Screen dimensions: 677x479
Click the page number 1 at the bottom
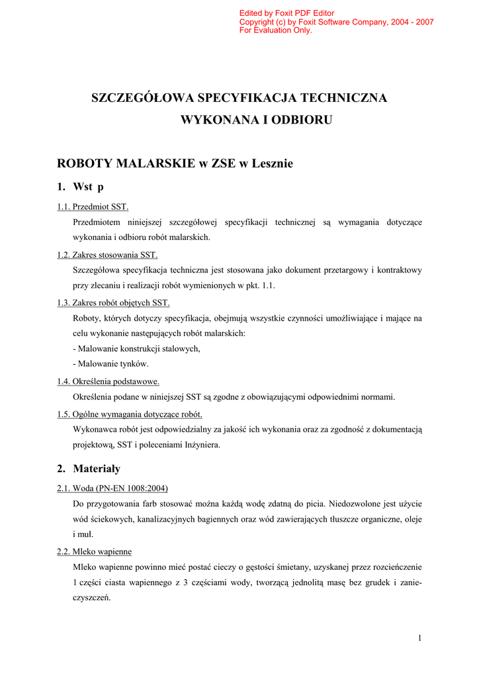pyautogui.click(x=419, y=637)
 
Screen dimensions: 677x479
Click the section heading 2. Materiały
pyautogui.click(x=89, y=469)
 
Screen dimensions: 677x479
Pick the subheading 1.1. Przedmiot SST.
pyautogui.click(x=93, y=207)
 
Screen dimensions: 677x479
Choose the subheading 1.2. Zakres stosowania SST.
pyautogui.click(x=107, y=255)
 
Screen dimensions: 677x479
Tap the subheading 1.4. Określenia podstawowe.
pyautogui.click(x=108, y=381)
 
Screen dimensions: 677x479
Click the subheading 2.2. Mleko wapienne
pyautogui.click(x=94, y=551)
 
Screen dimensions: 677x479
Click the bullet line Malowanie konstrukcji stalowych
pyautogui.click(x=136, y=348)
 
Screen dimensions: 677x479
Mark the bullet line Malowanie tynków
pyautogui.click(x=110, y=364)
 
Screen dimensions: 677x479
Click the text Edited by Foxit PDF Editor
pyautogui.click(x=286, y=13)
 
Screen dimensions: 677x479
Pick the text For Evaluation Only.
pyautogui.click(x=275, y=30)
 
